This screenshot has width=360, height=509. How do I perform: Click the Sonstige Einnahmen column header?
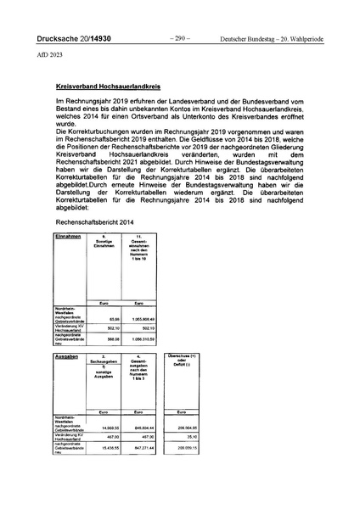point(104,238)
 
